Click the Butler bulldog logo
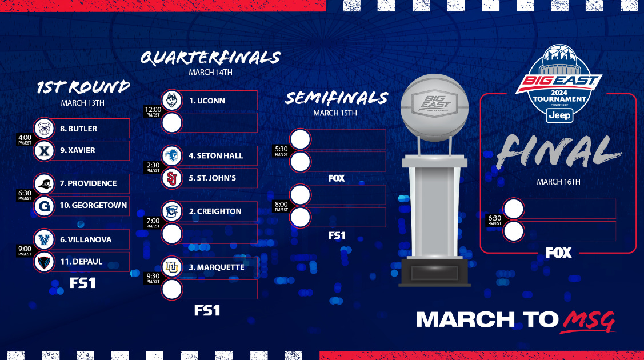coord(44,129)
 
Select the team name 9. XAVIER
coord(77,151)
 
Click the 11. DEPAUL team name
coord(81,262)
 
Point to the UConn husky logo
coord(172,101)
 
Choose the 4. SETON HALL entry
coord(215,155)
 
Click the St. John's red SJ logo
coord(172,178)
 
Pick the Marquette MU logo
coord(172,267)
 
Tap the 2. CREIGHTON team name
coord(215,211)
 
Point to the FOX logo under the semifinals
coord(337,178)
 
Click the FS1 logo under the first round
coord(82,283)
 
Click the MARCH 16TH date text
coord(558,182)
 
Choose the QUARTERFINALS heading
coord(210,58)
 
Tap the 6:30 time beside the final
coord(494,220)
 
